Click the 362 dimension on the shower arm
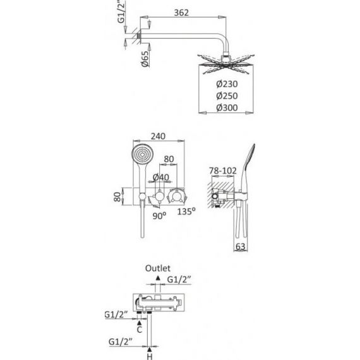pos(181,13)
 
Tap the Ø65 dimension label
pos(145,59)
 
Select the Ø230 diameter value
pos(227,84)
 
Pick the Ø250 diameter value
pos(227,96)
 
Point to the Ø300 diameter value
pos(227,108)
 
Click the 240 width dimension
pos(158,136)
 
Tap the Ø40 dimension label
pos(160,177)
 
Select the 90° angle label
pos(159,216)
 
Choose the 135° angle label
pos(186,211)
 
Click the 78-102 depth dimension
pos(223,171)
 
